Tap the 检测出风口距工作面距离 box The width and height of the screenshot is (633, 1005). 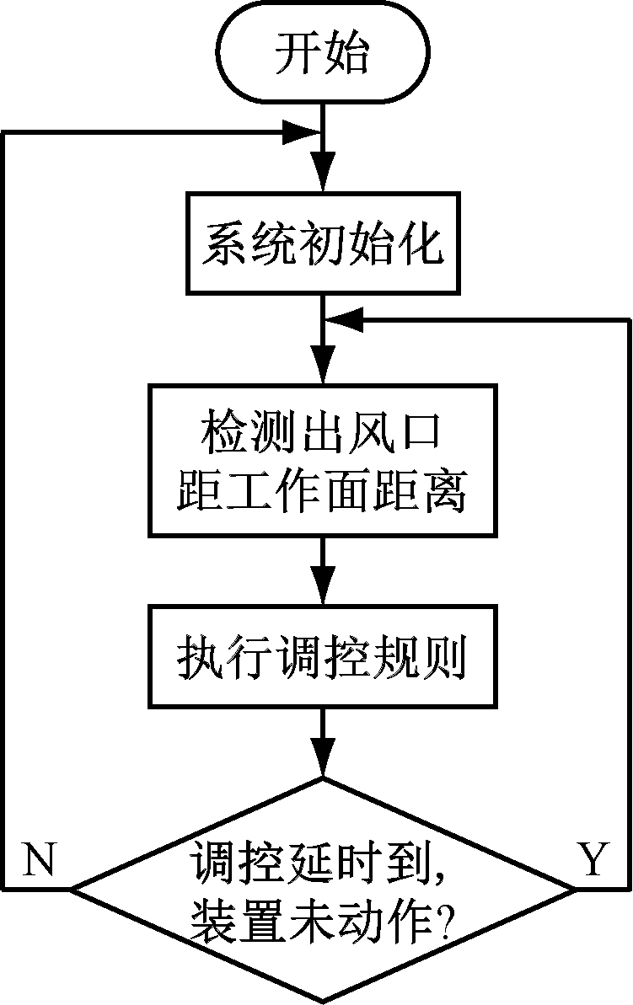pos(323,462)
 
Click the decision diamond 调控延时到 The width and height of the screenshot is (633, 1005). pos(323,889)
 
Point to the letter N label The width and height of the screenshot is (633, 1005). pos(38,860)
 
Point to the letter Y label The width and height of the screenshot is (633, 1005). pos(593,860)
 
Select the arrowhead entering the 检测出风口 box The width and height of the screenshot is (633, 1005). pos(323,371)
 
